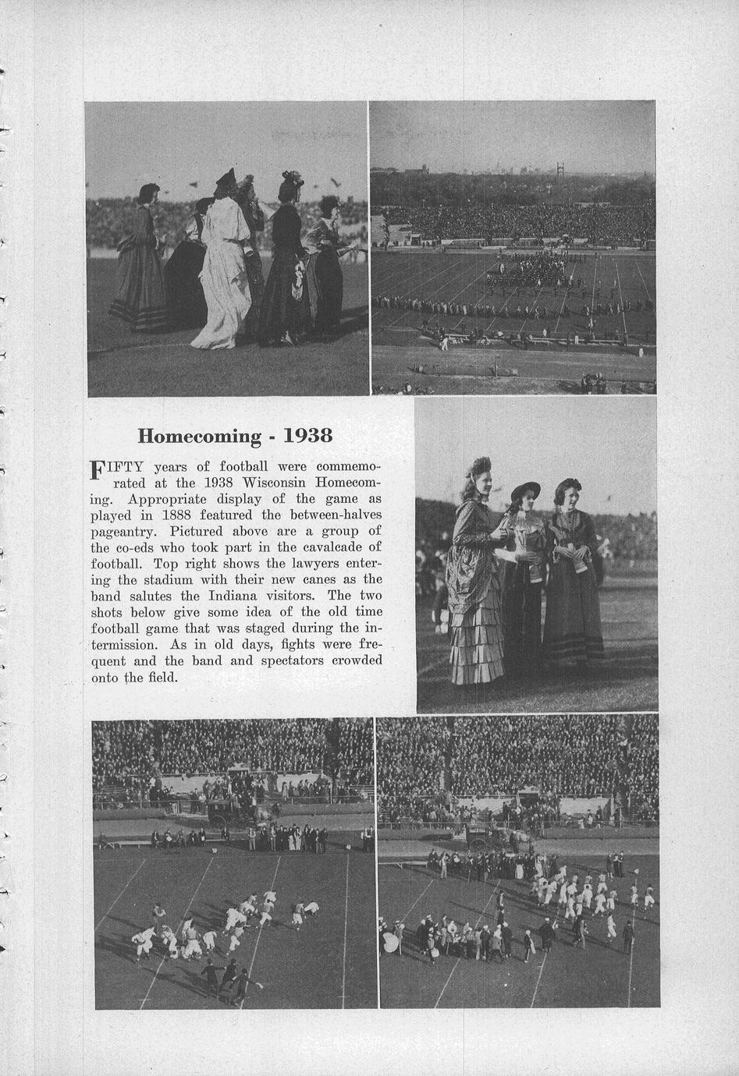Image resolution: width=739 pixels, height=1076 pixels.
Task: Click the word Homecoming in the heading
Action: tap(199, 435)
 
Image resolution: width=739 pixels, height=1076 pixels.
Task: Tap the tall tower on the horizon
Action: tap(560, 169)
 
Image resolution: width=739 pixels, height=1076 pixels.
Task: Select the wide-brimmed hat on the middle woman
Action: tap(525, 490)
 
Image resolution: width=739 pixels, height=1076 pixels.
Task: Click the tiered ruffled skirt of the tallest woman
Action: tap(475, 639)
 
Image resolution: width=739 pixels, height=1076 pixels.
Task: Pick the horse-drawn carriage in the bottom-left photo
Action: tap(234, 812)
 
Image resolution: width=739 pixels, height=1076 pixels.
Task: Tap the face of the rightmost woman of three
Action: tap(567, 497)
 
